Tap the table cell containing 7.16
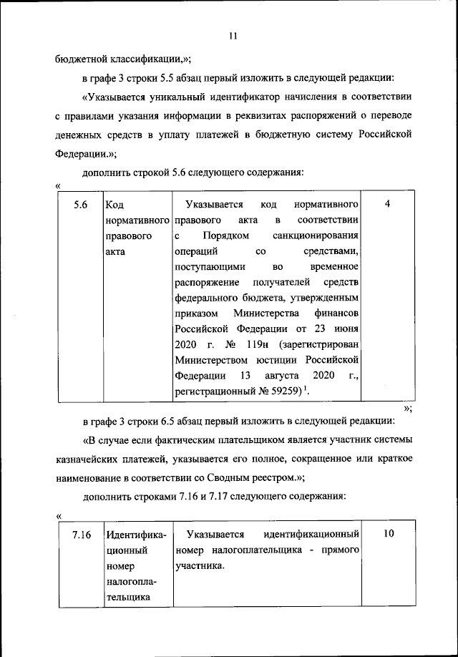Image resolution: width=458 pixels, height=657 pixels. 80,535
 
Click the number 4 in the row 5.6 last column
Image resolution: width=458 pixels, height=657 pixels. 387,205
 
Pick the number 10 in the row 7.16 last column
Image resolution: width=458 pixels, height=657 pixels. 387,535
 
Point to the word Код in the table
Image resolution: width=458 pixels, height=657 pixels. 114,205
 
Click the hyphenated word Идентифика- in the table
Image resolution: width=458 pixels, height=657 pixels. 136,535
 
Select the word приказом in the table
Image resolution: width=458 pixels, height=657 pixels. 195,313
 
